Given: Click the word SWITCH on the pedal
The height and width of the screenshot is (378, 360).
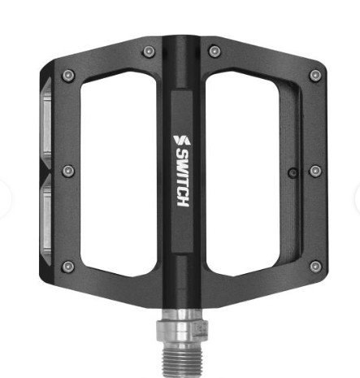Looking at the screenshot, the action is point(183,179).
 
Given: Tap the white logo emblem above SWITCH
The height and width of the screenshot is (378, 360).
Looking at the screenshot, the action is point(182,140).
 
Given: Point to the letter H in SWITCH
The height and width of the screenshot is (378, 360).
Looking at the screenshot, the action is point(183,202).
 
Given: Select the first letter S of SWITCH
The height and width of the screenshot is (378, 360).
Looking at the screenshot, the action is point(182,154).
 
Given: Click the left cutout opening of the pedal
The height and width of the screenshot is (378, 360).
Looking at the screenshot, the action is point(119,173).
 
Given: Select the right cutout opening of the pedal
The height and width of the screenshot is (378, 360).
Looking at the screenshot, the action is point(242,173).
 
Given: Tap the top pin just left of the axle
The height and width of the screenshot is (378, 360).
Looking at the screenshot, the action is point(149,51).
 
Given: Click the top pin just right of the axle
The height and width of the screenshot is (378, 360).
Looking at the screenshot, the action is point(215,51).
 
